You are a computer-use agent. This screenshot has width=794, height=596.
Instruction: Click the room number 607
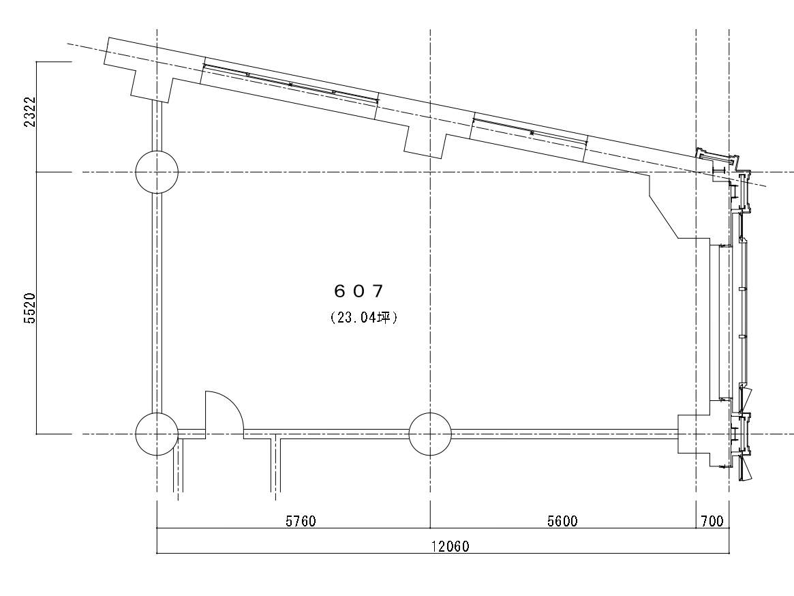(x=358, y=291)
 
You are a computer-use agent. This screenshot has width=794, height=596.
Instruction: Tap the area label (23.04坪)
(x=363, y=317)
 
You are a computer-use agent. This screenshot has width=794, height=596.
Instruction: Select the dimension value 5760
(x=301, y=521)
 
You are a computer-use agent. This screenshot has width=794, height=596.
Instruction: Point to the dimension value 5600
(x=562, y=521)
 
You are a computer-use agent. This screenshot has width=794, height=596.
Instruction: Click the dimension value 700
(x=712, y=521)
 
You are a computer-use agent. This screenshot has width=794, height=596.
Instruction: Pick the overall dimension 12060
(x=451, y=546)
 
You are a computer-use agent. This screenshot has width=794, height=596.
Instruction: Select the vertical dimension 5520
(x=30, y=308)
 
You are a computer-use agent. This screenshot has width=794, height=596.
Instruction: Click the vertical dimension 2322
(x=30, y=112)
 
